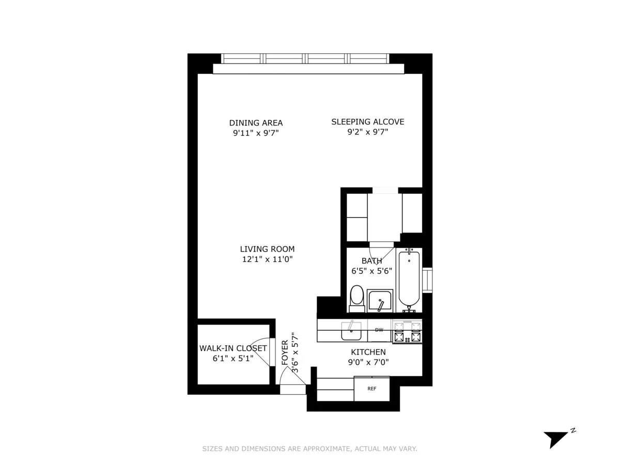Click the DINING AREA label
click(x=256, y=123)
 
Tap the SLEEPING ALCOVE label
click(x=367, y=122)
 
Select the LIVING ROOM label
click(x=267, y=249)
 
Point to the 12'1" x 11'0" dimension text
click(x=267, y=260)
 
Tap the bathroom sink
click(x=381, y=301)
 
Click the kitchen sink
click(x=351, y=331)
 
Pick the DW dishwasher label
click(x=379, y=330)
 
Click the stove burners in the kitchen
click(x=407, y=332)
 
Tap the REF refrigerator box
click(x=371, y=389)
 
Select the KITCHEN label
click(x=366, y=352)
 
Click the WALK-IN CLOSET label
click(x=233, y=348)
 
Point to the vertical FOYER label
click(x=285, y=353)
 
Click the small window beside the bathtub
click(x=427, y=281)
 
